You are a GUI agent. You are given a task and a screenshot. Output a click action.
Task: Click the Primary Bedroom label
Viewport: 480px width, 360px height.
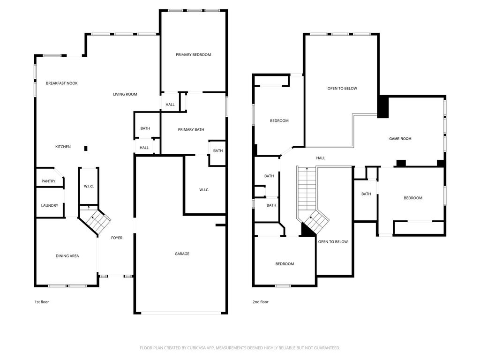coord(193,55)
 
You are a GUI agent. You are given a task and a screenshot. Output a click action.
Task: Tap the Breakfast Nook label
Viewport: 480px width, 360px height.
coord(61,83)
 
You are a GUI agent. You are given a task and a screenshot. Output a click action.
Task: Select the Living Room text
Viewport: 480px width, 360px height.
coord(125,94)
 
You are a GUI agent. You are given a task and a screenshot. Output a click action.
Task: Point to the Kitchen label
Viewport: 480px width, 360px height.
coord(63,147)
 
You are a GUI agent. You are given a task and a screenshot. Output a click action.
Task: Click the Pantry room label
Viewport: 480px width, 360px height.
coord(48,181)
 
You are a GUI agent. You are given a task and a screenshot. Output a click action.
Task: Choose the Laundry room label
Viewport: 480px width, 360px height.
coord(50,206)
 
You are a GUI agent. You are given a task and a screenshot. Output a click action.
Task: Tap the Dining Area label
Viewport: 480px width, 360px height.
coord(67,256)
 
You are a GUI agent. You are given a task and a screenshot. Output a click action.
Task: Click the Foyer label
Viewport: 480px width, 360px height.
coord(117,238)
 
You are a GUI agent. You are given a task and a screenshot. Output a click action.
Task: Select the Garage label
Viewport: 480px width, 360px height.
coord(182,254)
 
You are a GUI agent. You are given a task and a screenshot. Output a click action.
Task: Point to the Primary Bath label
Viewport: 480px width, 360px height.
coord(191,130)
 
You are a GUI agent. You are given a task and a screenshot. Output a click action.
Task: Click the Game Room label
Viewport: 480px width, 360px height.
coord(400,139)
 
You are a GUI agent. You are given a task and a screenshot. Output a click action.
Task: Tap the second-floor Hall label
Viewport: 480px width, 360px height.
coord(321,158)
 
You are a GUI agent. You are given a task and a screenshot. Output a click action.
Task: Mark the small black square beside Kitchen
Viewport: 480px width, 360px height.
coord(86,149)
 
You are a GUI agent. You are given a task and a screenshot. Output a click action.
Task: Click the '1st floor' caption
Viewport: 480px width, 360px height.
coord(42,302)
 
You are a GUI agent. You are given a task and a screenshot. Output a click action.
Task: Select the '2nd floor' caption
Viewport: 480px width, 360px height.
coord(261,302)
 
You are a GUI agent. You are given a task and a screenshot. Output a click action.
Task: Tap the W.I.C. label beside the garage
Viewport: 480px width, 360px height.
coord(204,190)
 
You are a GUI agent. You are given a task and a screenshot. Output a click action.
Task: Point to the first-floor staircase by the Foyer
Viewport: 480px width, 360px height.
coord(95,219)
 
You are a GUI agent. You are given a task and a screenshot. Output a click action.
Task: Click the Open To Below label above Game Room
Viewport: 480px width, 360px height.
coord(342,89)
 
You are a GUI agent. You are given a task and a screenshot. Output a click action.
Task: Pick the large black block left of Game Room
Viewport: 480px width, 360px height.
coord(383,107)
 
